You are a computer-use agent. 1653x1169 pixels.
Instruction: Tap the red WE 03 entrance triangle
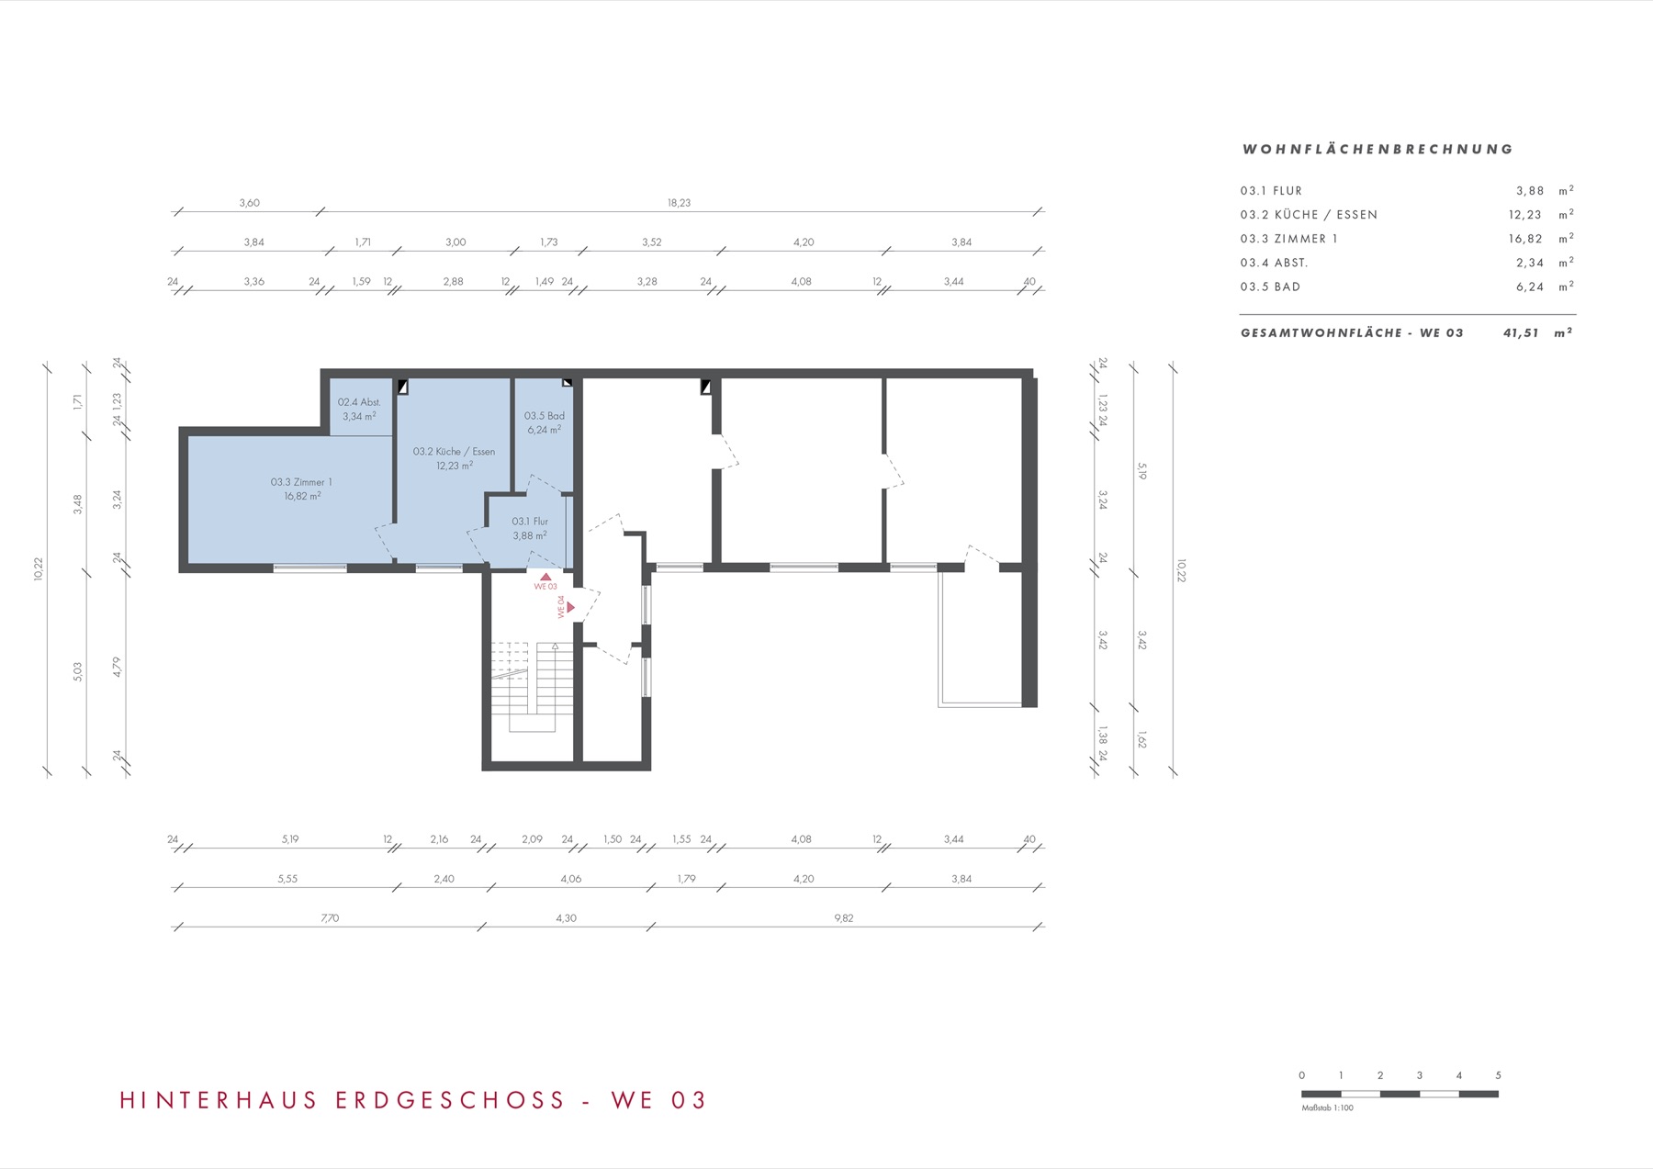545,577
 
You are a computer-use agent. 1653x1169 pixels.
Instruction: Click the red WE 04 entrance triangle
571,607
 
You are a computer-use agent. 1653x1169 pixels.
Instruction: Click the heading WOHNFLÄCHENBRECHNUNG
1377,149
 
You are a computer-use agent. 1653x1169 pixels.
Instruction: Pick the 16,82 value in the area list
1525,239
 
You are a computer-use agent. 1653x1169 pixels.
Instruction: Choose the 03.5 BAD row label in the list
1270,287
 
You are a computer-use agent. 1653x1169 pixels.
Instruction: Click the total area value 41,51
1521,333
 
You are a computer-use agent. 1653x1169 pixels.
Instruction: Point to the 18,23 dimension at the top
679,203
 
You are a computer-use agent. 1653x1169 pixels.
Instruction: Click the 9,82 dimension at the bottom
843,918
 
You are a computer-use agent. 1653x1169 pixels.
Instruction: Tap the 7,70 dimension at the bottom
330,918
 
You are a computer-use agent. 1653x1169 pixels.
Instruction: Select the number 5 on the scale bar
1498,1075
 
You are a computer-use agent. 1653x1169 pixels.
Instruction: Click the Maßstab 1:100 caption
1327,1107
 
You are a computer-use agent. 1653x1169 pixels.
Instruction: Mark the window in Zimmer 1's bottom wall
310,568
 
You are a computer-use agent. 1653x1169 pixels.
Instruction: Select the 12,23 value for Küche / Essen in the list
1525,215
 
